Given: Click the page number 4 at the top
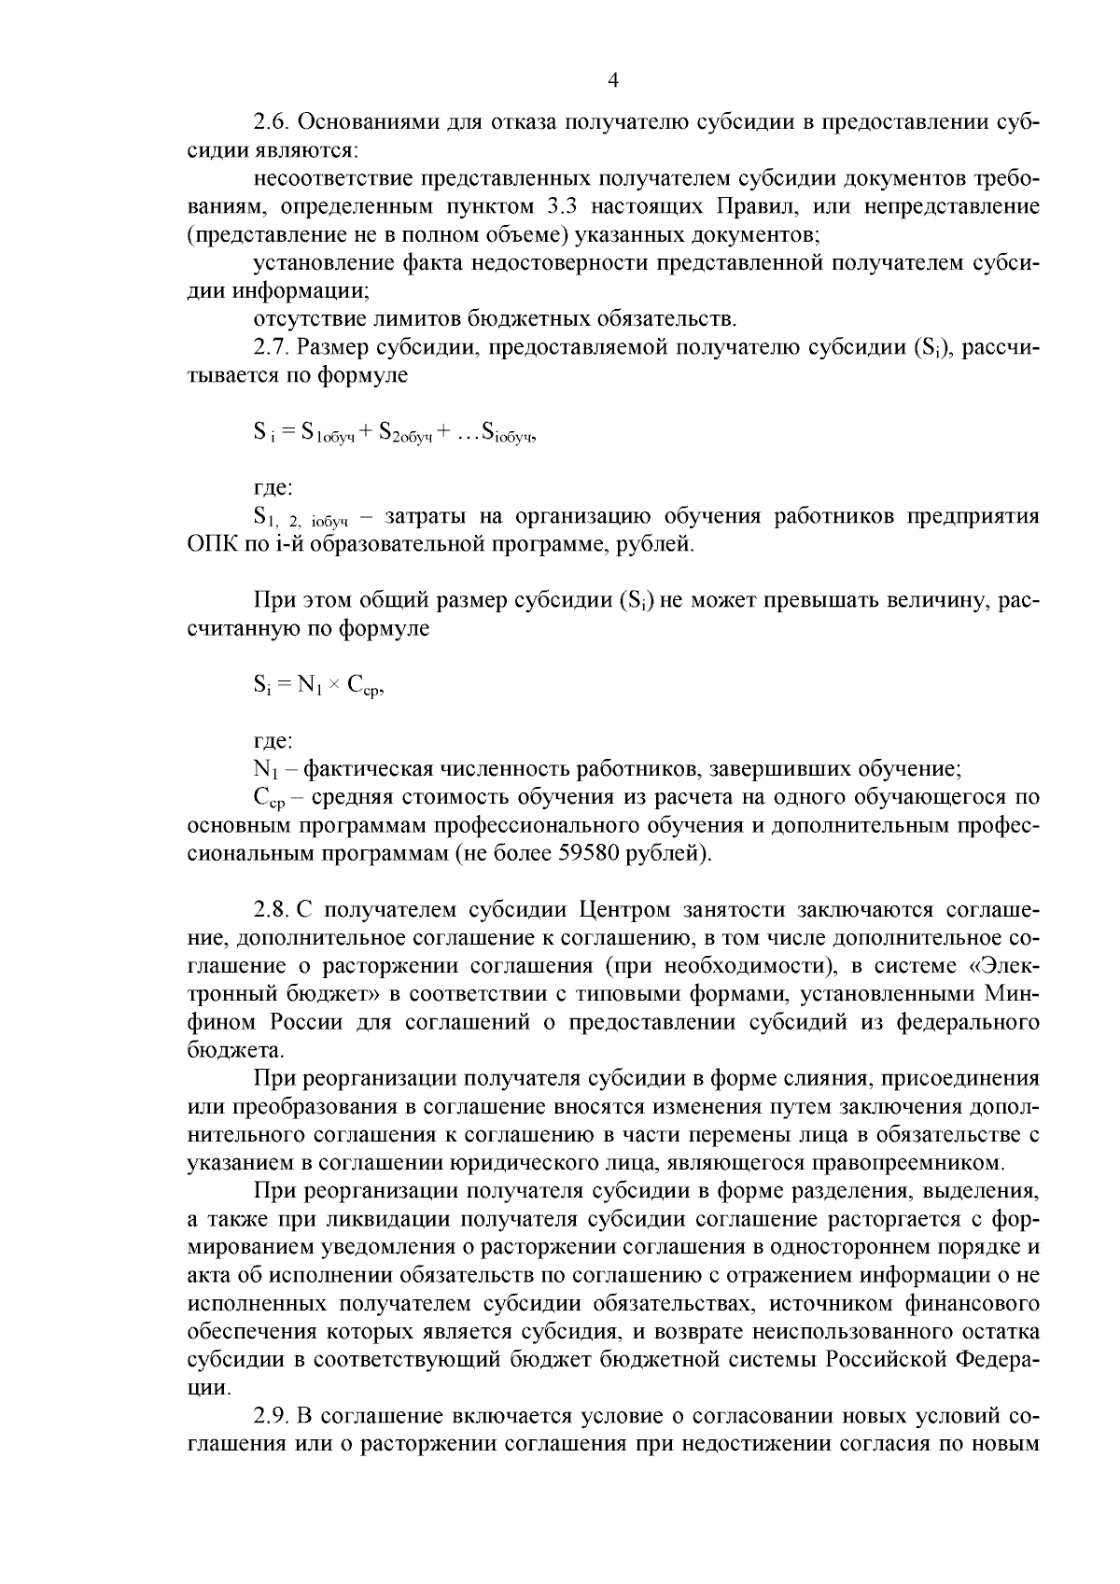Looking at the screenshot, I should (613, 80).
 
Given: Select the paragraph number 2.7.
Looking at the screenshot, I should (273, 347).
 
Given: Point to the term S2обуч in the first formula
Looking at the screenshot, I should (406, 433).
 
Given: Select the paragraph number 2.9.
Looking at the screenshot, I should (273, 1415).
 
